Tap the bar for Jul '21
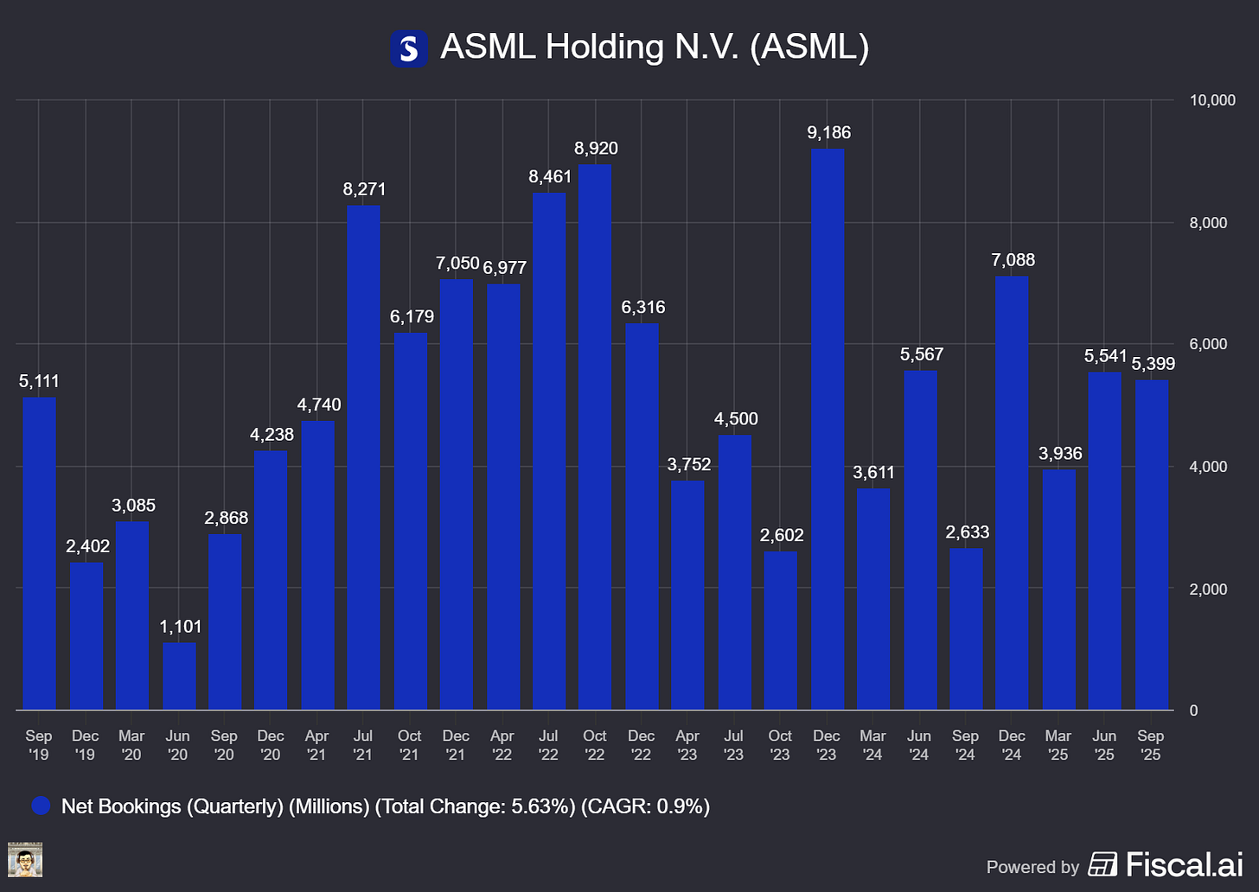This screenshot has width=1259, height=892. [x=363, y=457]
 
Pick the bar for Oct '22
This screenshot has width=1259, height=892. [x=595, y=437]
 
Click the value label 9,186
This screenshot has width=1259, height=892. [x=828, y=132]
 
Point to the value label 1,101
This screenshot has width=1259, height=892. [x=180, y=626]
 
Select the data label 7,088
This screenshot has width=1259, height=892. [x=1013, y=259]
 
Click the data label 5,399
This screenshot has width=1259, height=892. [x=1153, y=364]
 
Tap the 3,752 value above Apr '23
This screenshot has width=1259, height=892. [x=688, y=464]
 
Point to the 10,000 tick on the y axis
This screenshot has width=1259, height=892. [x=1212, y=100]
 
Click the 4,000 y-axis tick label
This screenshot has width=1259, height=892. [x=1208, y=467]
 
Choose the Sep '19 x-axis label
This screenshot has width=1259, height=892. [x=39, y=745]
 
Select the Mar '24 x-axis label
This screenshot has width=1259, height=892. [x=872, y=745]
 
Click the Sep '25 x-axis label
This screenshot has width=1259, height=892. [x=1150, y=745]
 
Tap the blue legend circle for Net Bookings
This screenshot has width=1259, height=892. [x=41, y=806]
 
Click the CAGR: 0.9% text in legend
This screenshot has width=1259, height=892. [x=645, y=806]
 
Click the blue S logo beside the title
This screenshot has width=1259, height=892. [x=409, y=48]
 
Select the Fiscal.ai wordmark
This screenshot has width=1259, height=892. [x=1184, y=864]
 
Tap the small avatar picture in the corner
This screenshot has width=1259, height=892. [x=25, y=860]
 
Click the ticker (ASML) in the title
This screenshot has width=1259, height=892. [x=808, y=47]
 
